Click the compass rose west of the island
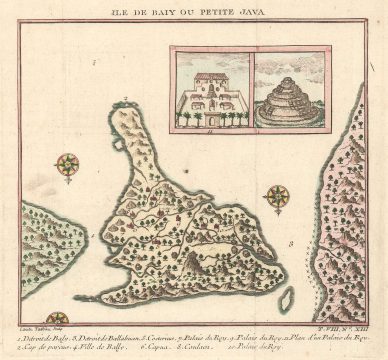[x=68, y=165]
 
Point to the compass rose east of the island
[x=277, y=196]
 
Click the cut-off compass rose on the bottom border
[x=57, y=319]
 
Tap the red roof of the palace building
[x=210, y=77]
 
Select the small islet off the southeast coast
[x=286, y=297]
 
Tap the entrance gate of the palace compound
[x=210, y=125]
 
